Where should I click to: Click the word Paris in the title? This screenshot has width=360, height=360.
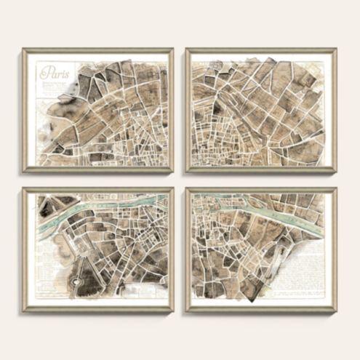(x=51, y=72)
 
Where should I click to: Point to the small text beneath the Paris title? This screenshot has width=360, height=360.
(x=51, y=85)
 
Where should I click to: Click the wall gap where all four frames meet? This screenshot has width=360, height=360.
(x=180, y=180)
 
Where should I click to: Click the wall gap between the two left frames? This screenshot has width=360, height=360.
(x=98, y=180)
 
